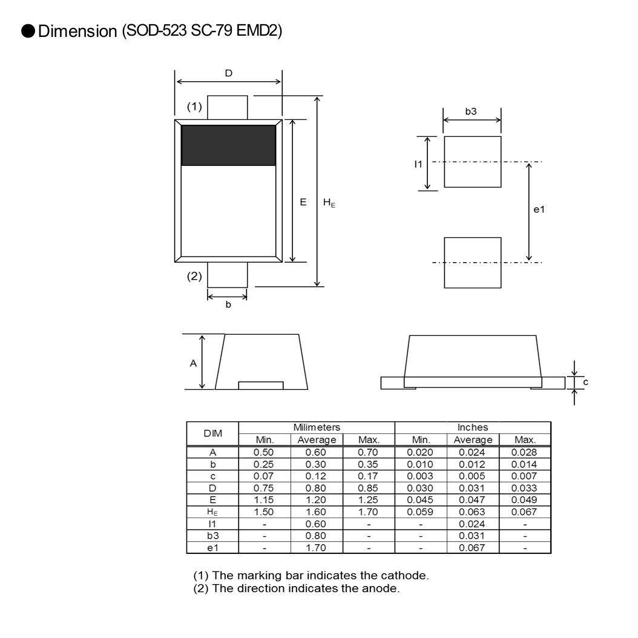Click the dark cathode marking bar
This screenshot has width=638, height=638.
point(228,145)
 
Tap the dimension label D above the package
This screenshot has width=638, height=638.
point(228,73)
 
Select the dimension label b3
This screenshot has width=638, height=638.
point(471,111)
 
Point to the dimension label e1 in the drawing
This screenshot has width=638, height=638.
point(539,209)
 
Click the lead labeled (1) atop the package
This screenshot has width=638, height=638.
point(228,107)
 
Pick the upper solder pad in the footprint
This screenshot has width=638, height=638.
point(472,162)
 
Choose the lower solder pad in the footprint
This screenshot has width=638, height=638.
point(472,263)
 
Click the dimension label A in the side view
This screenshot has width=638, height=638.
point(193,363)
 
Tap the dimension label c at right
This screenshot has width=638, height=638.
point(585,382)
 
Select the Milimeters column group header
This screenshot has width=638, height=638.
point(317,428)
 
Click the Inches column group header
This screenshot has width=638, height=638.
point(472,428)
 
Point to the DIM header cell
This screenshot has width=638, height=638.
point(212,433)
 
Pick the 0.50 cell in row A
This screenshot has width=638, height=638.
point(265,452)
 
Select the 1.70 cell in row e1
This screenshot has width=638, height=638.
point(317,547)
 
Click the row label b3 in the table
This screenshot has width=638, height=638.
point(212,536)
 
